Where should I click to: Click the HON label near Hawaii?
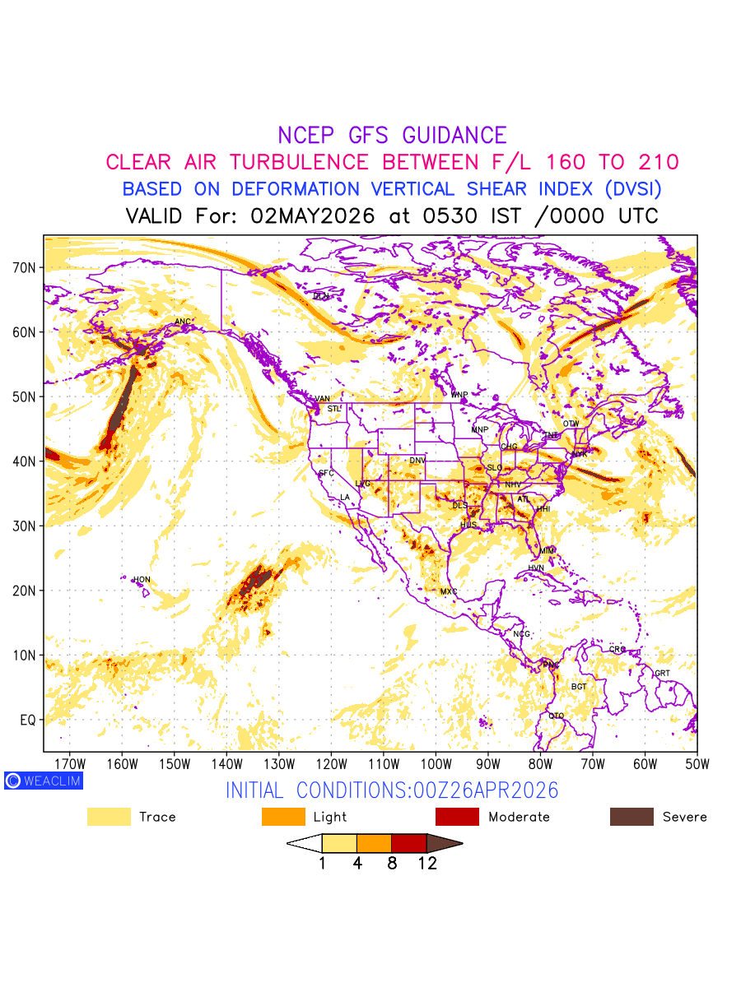click(x=142, y=580)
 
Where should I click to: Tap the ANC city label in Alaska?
click(x=184, y=322)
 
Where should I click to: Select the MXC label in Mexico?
click(x=449, y=591)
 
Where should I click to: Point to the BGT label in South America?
click(x=580, y=686)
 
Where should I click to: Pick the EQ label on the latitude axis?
click(x=28, y=720)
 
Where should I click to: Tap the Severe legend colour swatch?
click(x=631, y=817)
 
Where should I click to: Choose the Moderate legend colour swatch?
click(x=457, y=817)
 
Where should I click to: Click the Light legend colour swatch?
click(x=283, y=817)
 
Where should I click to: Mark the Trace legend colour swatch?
click(x=109, y=817)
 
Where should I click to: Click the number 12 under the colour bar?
click(x=426, y=863)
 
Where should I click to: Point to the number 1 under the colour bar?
click(x=322, y=863)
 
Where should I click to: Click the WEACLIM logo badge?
click(x=43, y=781)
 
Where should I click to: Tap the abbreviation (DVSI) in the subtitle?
click(x=632, y=188)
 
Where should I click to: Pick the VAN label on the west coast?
click(x=322, y=399)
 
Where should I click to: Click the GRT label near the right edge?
click(x=663, y=673)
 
